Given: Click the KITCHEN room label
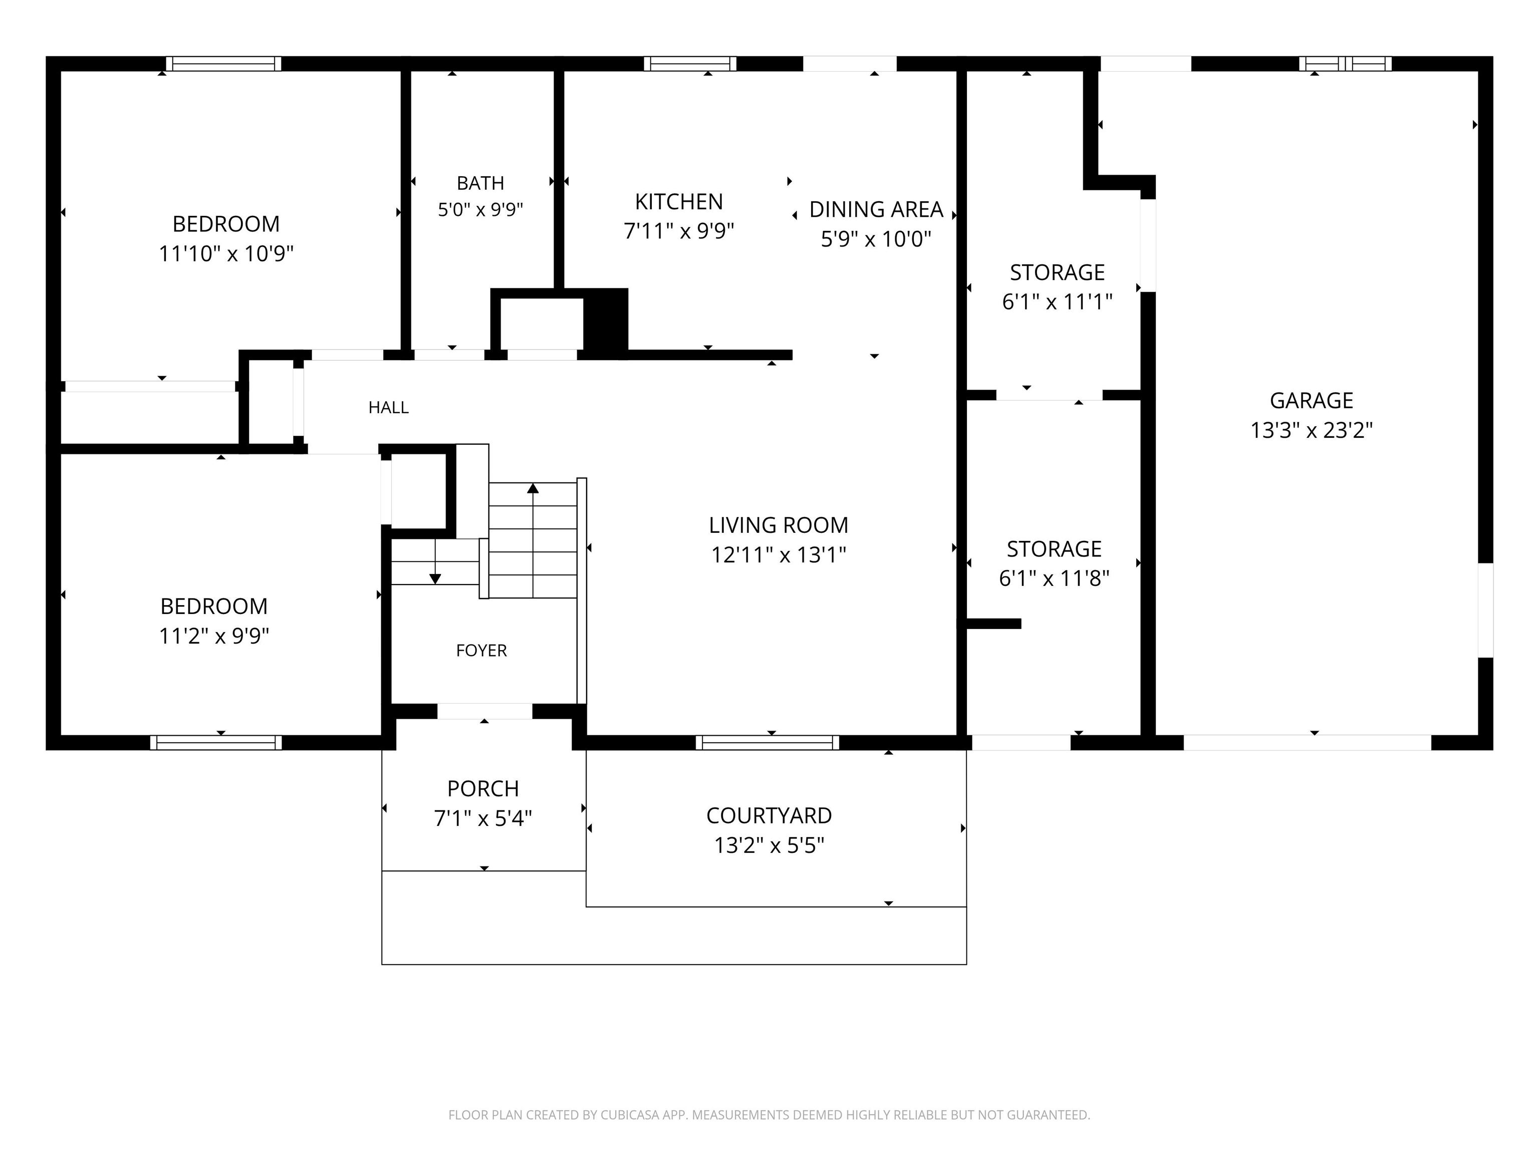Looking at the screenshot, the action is pyautogui.click(x=678, y=202).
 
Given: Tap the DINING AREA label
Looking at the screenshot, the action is pyautogui.click(x=876, y=209).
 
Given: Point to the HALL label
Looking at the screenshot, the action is pyautogui.click(x=388, y=408).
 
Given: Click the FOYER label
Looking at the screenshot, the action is pyautogui.click(x=481, y=651).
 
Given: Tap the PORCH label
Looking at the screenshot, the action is pyautogui.click(x=483, y=789).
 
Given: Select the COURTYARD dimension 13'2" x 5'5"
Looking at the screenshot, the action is pyautogui.click(x=769, y=845).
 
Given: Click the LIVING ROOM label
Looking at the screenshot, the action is pyautogui.click(x=778, y=525).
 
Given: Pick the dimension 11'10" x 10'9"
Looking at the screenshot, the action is pyautogui.click(x=226, y=254).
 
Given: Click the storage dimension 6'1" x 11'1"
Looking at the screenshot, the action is pyautogui.click(x=1057, y=302).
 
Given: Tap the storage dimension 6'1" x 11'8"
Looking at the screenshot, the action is pyautogui.click(x=1054, y=579).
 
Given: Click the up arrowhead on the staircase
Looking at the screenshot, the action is pyautogui.click(x=533, y=488).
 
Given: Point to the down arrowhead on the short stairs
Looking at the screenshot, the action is pyautogui.click(x=435, y=579).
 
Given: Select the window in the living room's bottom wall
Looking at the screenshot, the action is pyautogui.click(x=767, y=742).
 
